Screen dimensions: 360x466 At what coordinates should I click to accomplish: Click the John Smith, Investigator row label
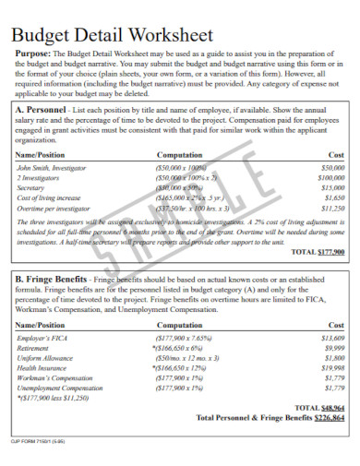(x=52, y=169)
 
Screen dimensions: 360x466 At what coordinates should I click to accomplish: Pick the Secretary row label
(x=32, y=187)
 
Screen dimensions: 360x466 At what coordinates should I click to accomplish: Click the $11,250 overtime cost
(x=330, y=209)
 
